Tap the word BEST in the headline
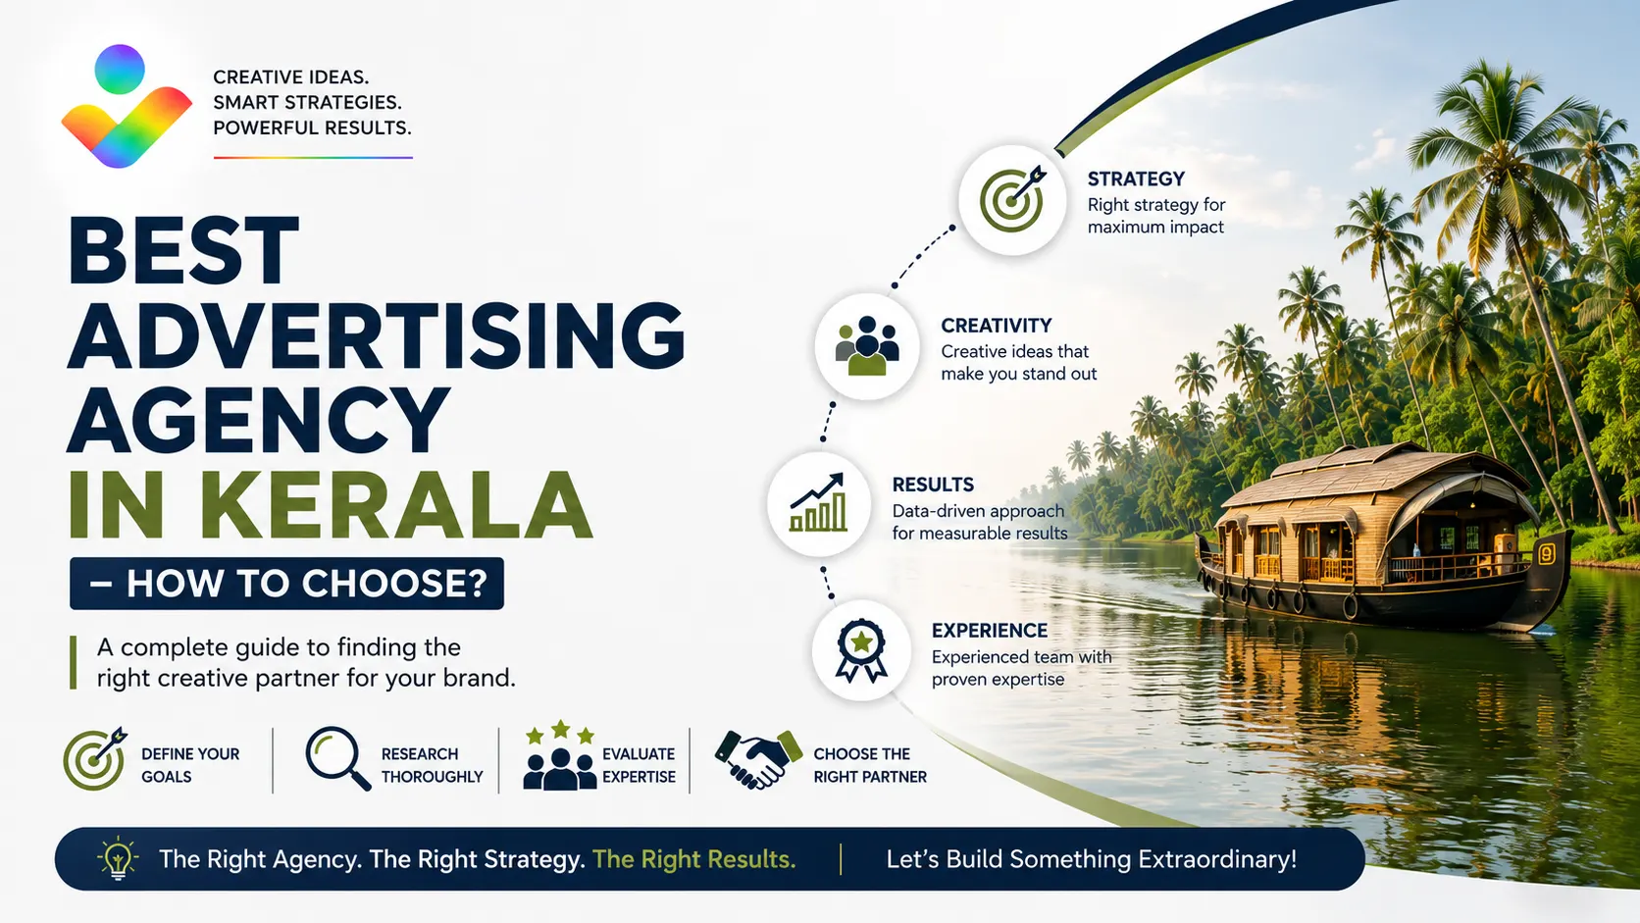183,250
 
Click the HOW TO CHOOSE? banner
287,584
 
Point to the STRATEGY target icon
1013,199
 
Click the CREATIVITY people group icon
867,345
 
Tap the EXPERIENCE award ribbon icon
861,650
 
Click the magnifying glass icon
337,757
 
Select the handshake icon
758,759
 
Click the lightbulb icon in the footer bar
117,858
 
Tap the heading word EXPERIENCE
989,631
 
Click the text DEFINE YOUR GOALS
190,765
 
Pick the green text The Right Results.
693,858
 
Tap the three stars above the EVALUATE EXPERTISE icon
560,731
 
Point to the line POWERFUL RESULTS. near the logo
312,128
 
